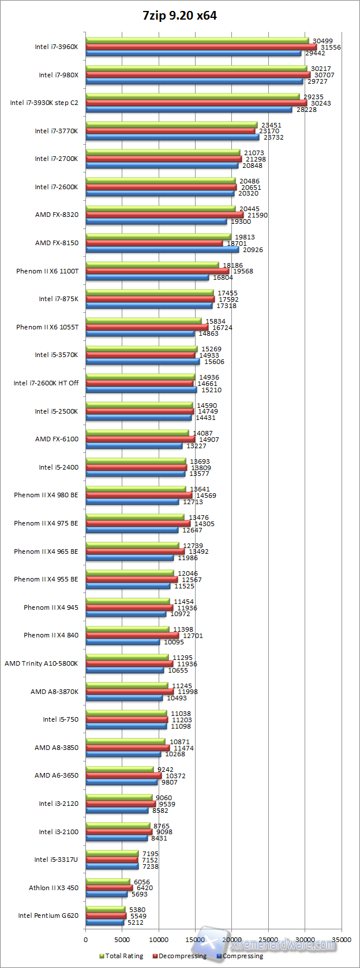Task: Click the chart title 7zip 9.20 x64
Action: (179, 16)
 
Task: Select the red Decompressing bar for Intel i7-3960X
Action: (201, 47)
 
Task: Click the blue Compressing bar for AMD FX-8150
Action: (162, 250)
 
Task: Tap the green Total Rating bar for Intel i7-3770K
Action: (171, 125)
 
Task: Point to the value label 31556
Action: (331, 47)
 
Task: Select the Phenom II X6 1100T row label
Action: (47, 271)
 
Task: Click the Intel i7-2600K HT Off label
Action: (46, 383)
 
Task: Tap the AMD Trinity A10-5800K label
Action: (42, 663)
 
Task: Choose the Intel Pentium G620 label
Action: (48, 916)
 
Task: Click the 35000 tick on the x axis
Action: (342, 940)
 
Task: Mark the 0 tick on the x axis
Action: (86, 940)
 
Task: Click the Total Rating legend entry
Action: (121, 956)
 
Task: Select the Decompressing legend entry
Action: (179, 956)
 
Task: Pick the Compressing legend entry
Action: (239, 956)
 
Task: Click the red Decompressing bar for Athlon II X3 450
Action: (109, 888)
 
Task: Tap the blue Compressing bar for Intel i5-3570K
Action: (142, 362)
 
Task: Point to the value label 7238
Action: (151, 866)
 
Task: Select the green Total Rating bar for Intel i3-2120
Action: (119, 797)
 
